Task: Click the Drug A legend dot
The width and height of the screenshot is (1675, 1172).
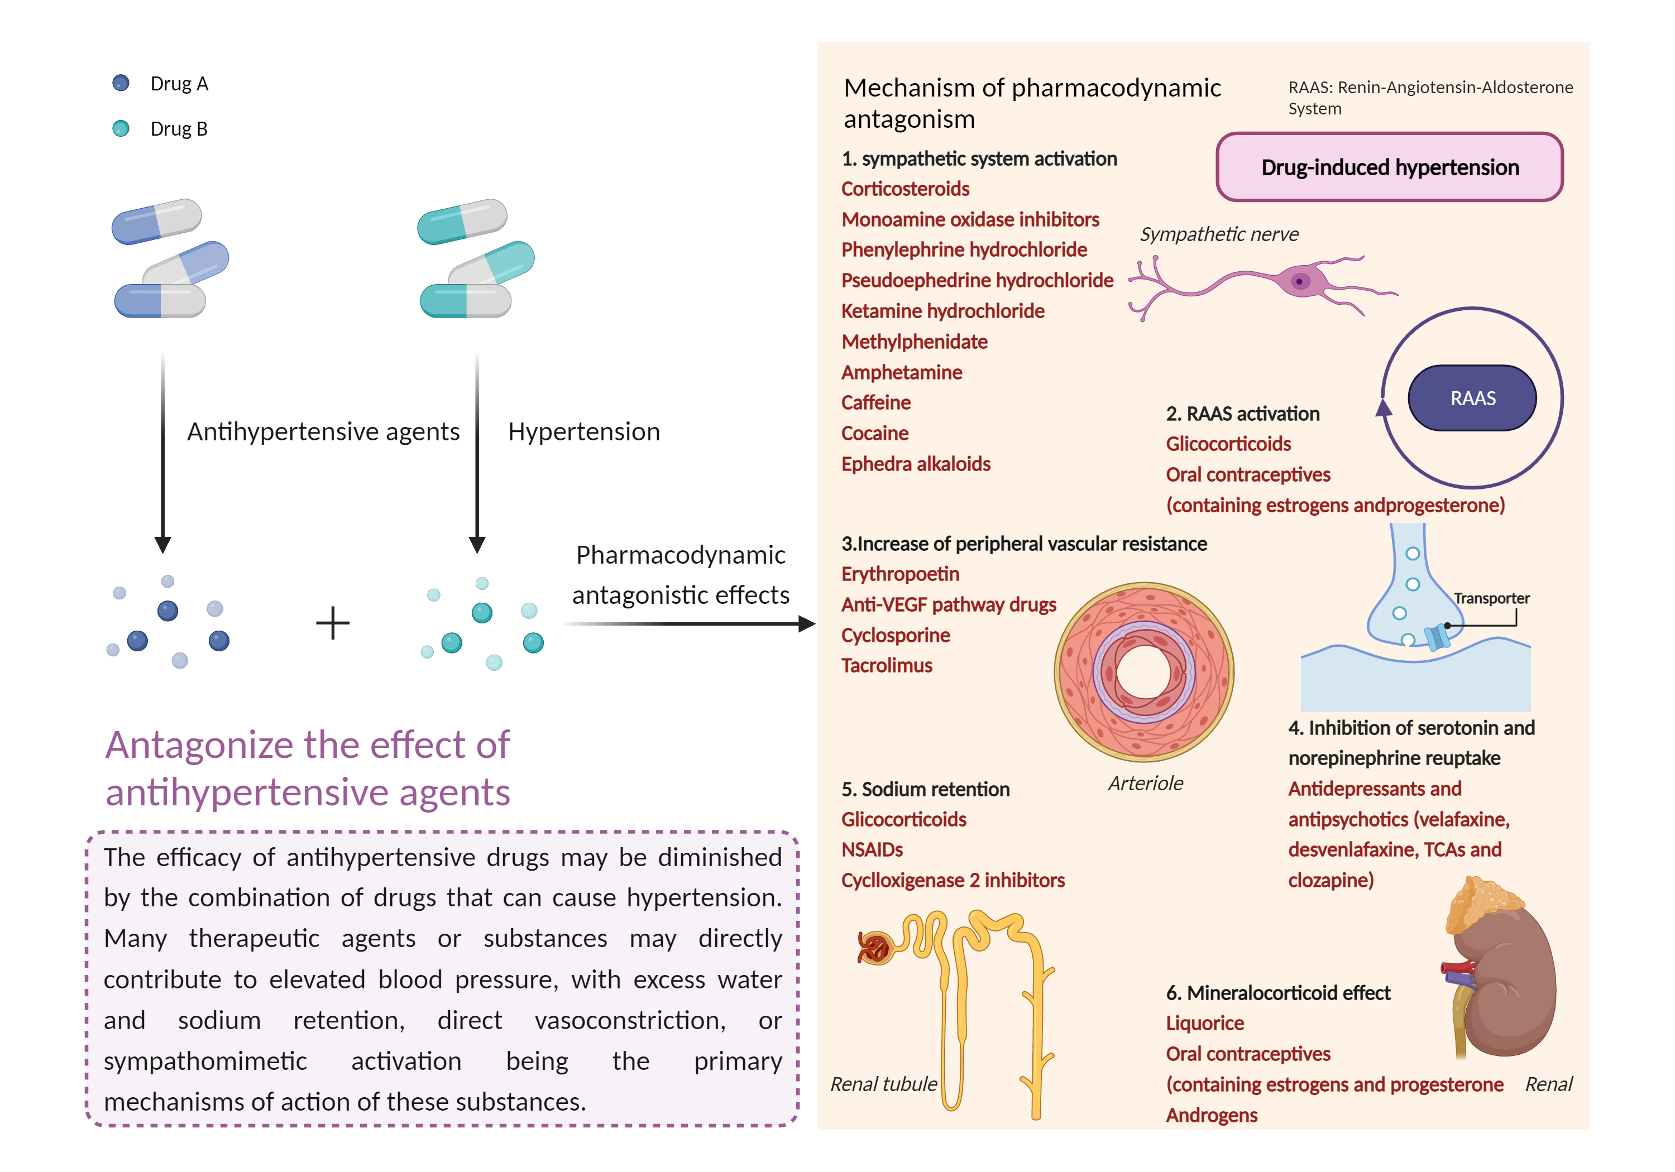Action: click(x=121, y=83)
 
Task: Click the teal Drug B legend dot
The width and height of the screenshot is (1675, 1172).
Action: click(x=121, y=128)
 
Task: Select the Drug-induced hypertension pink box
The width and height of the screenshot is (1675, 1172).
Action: click(x=1389, y=167)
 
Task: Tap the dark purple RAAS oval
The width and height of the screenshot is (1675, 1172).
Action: click(x=1472, y=398)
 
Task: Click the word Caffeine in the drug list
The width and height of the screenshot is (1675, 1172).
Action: click(x=875, y=402)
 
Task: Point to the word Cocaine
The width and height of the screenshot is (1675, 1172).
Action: click(x=875, y=433)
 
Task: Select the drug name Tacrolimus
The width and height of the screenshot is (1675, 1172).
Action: click(x=887, y=665)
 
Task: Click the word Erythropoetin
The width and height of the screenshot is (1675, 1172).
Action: click(x=900, y=574)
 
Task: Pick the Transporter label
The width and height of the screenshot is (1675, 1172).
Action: click(x=1491, y=598)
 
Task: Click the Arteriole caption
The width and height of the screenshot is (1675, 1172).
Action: click(x=1145, y=783)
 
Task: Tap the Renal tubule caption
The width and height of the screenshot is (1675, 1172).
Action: click(x=883, y=1084)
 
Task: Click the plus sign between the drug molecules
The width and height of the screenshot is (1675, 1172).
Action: click(x=333, y=623)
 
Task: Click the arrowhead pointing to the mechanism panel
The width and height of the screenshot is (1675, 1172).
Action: click(x=806, y=623)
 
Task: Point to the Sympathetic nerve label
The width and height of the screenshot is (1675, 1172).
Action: click(x=1219, y=234)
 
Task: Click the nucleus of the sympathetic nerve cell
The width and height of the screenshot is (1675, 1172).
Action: click(x=1299, y=281)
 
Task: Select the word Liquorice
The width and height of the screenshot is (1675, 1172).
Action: click(x=1204, y=1023)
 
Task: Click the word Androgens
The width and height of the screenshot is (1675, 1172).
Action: click(x=1211, y=1115)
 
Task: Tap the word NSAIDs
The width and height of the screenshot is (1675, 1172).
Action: click(x=872, y=849)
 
